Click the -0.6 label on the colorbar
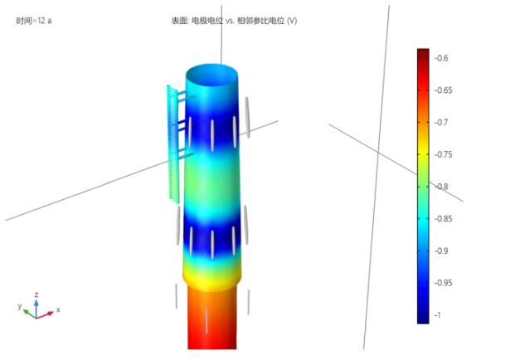[x=441, y=58]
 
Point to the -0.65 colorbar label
[x=444, y=90]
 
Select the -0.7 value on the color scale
[x=441, y=122]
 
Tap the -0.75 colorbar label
[x=444, y=154]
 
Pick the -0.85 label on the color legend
[x=444, y=218]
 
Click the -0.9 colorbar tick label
[x=441, y=251]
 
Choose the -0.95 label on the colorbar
[x=444, y=283]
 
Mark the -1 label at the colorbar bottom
[x=438, y=315]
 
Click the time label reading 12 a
[x=34, y=21]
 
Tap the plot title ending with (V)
[x=234, y=21]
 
